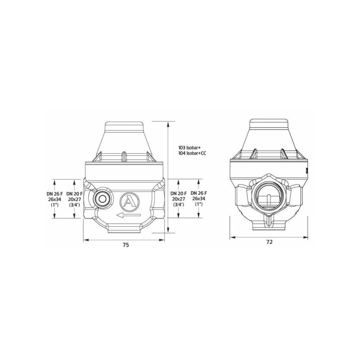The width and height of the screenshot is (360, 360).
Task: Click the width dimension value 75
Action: [x=126, y=245]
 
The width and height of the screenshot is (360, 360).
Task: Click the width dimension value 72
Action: [x=269, y=242]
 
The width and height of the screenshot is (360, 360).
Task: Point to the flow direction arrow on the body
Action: [x=128, y=215]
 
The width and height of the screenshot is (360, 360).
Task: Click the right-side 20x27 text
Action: [x=179, y=198]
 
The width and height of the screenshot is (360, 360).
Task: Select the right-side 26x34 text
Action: [x=198, y=198]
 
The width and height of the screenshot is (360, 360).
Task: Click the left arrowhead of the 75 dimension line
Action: [x=85, y=239]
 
